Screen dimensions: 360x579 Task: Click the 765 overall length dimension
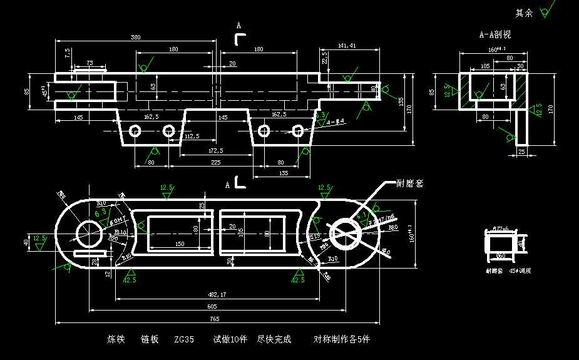(215, 319)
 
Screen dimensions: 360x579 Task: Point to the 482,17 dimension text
(217, 294)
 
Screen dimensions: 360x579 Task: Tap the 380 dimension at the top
(135, 38)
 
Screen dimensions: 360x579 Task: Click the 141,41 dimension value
(346, 46)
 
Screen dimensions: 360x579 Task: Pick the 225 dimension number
(215, 162)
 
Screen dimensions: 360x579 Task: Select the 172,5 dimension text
(215, 150)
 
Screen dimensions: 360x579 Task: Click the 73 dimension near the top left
(90, 63)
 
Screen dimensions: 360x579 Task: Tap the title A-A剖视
(494, 35)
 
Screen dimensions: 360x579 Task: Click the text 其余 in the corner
(523, 13)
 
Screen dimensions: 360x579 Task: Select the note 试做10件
(230, 339)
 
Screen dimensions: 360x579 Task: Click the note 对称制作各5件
(342, 339)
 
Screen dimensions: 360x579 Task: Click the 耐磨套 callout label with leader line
(410, 183)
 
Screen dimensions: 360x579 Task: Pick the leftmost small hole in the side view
(135, 130)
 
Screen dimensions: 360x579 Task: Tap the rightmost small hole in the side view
(298, 130)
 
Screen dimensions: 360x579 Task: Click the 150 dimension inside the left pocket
(180, 244)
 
